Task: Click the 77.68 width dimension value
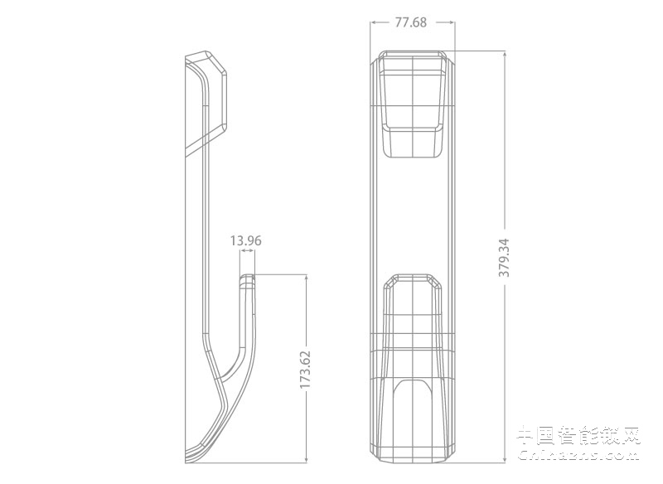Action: pyautogui.click(x=410, y=22)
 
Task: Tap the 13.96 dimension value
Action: pyautogui.click(x=246, y=241)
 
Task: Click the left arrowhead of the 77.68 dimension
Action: pyautogui.click(x=373, y=22)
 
